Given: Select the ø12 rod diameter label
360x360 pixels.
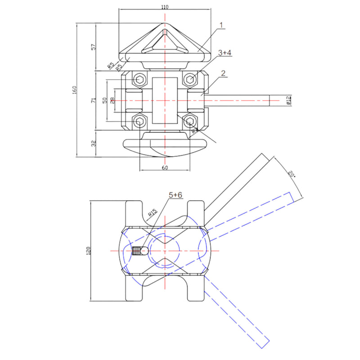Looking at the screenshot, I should tap(288, 100).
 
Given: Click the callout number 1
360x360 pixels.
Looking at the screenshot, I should tap(221, 26).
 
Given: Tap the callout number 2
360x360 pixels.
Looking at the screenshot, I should tap(223, 73).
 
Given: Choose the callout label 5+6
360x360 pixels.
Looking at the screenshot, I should tap(176, 195).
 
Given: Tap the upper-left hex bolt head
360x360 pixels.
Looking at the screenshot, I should tap(140, 81).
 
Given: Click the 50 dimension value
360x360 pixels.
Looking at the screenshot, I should tap(104, 100).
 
